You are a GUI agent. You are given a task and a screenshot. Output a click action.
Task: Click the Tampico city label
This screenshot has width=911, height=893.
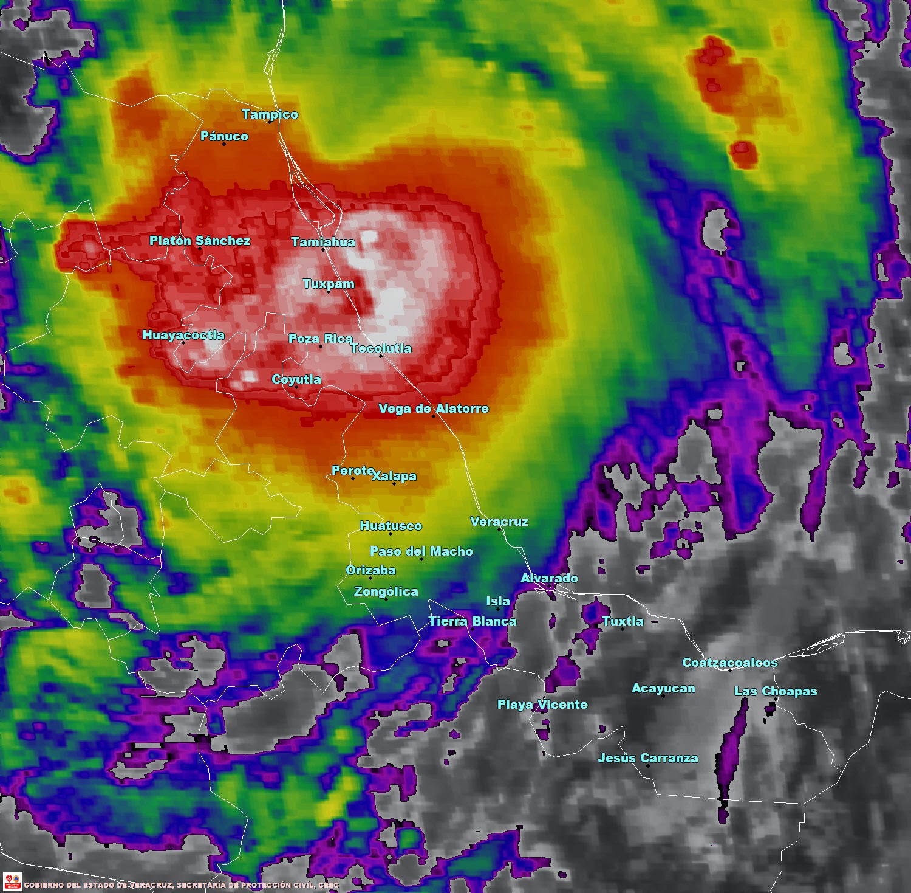(270, 114)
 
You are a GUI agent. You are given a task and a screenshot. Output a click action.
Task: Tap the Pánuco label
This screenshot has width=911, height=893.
(224, 136)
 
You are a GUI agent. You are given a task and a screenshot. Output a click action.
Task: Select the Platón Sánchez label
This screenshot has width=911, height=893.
(199, 241)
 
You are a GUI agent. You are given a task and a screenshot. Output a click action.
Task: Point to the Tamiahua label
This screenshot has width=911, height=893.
(322, 242)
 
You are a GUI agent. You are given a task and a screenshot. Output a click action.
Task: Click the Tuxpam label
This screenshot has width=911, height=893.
(328, 284)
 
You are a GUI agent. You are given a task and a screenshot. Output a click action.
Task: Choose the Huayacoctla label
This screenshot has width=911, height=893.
(183, 335)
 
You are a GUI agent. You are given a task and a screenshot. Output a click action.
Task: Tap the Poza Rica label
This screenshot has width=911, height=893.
(320, 339)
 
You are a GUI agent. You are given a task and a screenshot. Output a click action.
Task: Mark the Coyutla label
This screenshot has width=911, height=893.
(296, 379)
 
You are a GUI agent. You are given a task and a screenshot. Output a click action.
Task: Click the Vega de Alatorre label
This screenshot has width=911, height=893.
(433, 409)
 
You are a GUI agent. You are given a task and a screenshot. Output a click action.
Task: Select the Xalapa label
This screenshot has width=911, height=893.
(394, 476)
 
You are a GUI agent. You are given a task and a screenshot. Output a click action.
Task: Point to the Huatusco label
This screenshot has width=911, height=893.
(391, 526)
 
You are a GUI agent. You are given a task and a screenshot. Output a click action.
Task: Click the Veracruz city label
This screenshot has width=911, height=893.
(499, 522)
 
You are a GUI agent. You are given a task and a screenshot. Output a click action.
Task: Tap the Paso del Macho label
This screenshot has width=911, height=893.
(421, 551)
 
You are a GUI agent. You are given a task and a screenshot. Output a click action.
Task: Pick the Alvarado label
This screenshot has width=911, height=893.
(549, 578)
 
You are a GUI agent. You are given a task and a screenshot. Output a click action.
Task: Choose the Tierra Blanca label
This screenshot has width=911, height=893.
(472, 621)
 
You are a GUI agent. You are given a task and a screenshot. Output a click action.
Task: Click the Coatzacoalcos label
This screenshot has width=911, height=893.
(729, 663)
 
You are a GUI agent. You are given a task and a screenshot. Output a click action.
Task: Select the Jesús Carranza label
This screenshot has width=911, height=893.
(647, 758)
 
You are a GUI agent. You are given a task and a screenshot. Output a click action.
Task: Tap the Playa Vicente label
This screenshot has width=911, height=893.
(542, 705)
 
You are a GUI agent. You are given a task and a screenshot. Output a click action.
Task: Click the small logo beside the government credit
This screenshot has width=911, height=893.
(12, 881)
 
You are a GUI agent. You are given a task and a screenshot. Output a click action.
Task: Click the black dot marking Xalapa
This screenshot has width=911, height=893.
(394, 484)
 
